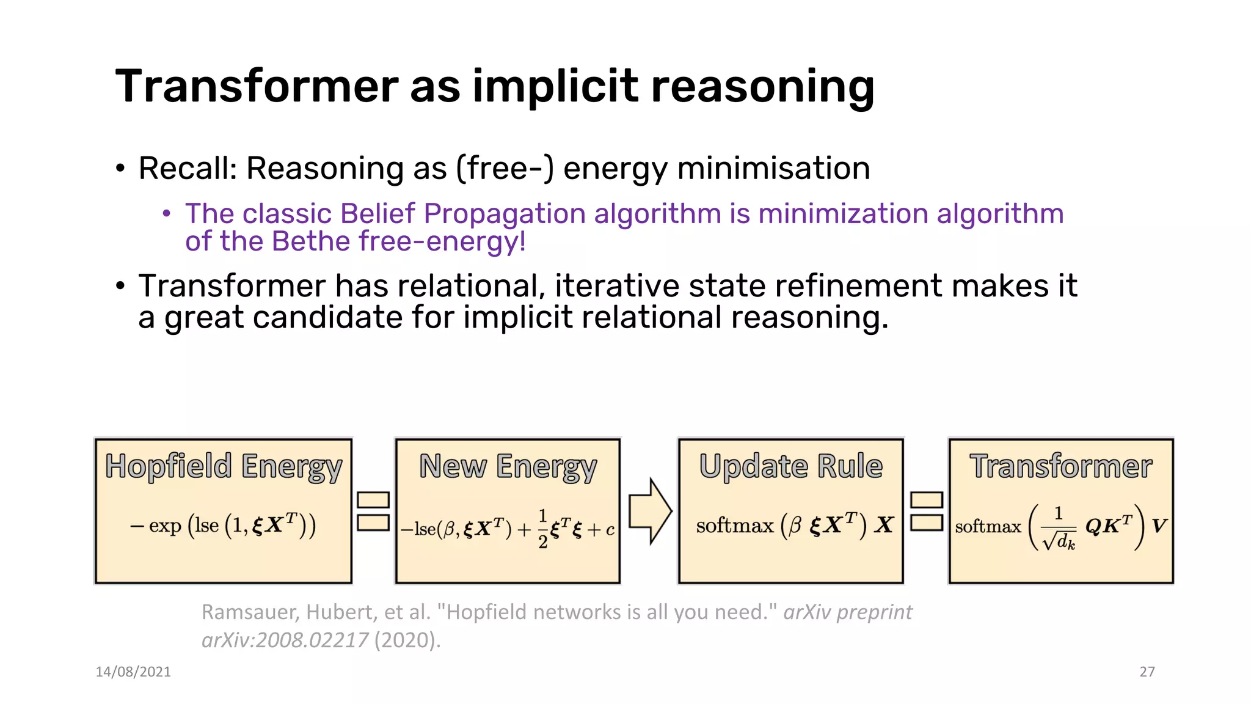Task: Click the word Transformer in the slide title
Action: [x=257, y=86]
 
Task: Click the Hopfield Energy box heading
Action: [x=224, y=466]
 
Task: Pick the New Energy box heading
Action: [x=508, y=466]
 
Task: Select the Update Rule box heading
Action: [x=790, y=466]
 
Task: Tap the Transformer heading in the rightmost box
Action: [x=1061, y=466]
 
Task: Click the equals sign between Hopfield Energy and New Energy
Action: [x=373, y=511]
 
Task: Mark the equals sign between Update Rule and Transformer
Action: [x=927, y=511]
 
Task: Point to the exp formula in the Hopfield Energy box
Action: [x=224, y=526]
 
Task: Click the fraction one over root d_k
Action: [x=1058, y=527]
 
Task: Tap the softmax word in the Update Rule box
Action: [x=734, y=526]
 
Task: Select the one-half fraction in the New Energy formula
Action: [x=542, y=529]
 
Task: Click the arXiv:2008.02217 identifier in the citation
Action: [x=285, y=640]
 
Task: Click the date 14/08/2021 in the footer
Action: [x=133, y=672]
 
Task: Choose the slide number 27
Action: [x=1147, y=672]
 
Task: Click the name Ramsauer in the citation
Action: [x=249, y=612]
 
